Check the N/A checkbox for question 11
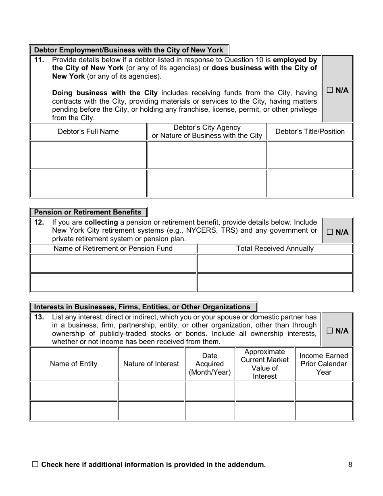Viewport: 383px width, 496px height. pyautogui.click(x=330, y=90)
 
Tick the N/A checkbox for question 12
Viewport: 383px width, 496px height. pyautogui.click(x=330, y=232)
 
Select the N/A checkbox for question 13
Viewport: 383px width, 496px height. pyautogui.click(x=330, y=331)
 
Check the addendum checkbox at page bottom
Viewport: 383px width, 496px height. pyautogui.click(x=35, y=465)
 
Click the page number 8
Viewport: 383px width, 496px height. pyautogui.click(x=350, y=465)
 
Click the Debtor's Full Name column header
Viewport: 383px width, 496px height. pyautogui.click(x=88, y=131)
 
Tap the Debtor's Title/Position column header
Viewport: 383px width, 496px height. pyautogui.click(x=310, y=131)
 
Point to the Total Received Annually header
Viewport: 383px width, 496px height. pyautogui.click(x=275, y=248)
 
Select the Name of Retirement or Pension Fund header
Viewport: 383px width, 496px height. pyautogui.click(x=113, y=248)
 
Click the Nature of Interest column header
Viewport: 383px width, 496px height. pyautogui.click(x=151, y=364)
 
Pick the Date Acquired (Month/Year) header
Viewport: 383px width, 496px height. pyautogui.click(x=210, y=364)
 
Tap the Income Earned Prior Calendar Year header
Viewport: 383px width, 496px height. pyautogui.click(x=323, y=364)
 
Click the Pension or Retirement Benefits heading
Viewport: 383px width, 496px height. pyautogui.click(x=87, y=212)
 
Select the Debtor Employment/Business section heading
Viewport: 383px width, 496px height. pyautogui.click(x=129, y=50)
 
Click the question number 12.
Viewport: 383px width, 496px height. pyautogui.click(x=39, y=222)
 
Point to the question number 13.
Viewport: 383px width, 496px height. pyautogui.click(x=39, y=317)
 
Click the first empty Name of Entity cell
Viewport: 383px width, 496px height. pyautogui.click(x=74, y=391)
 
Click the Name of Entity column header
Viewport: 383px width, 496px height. pyautogui.click(x=74, y=364)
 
